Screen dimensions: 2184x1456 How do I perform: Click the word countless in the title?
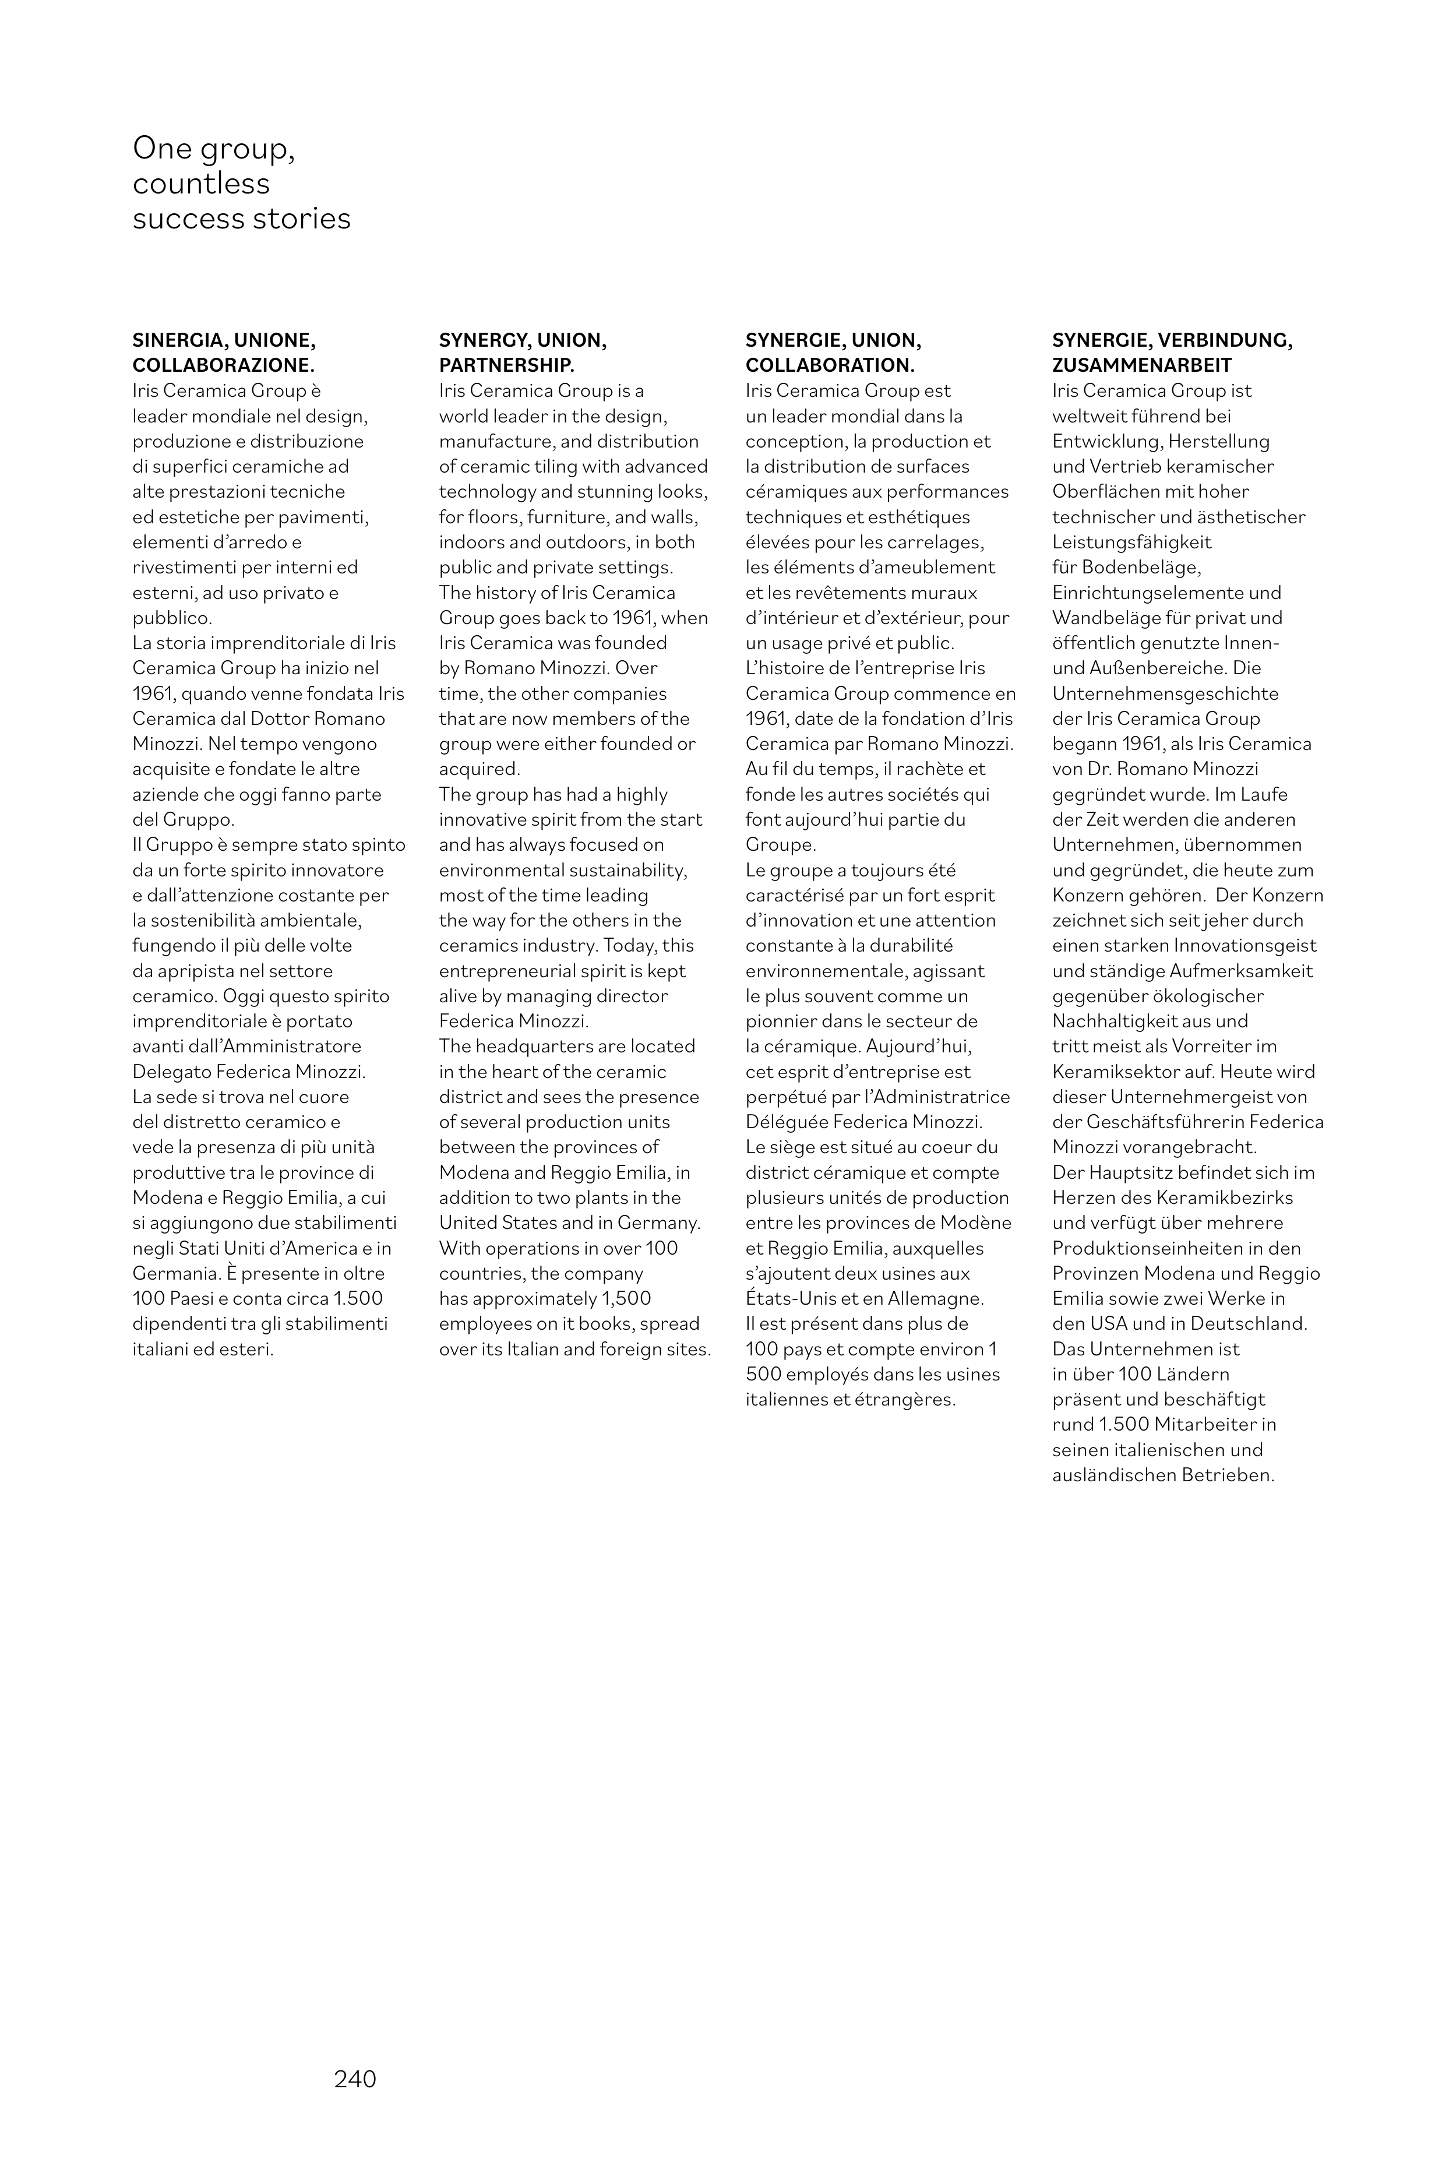click(x=200, y=183)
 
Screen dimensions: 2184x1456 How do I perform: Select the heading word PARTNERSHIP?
click(x=507, y=365)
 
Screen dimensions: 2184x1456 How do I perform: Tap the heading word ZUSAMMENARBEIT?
click(x=1141, y=365)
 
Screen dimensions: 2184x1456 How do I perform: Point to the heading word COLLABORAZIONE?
click(x=223, y=365)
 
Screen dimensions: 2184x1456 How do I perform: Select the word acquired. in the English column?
click(x=479, y=769)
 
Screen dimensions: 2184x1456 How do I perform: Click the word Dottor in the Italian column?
click(x=278, y=718)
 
